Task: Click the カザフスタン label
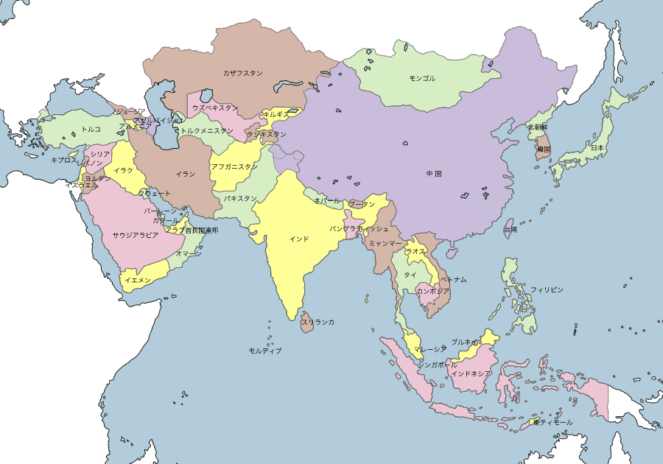coord(242,73)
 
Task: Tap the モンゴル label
coord(422,78)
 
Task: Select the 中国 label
coord(434,174)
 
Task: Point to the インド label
coord(299,239)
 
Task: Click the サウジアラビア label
coord(136,235)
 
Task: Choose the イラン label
coord(186,174)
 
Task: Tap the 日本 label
coord(597,148)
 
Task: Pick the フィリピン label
coord(547,289)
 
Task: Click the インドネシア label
coord(471,373)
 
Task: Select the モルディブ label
coord(265,351)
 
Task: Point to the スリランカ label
coord(318,322)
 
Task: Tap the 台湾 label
coord(511,229)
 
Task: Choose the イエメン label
coord(138,280)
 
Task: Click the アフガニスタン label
coord(234,166)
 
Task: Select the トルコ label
coord(91,129)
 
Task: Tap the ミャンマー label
coord(385,242)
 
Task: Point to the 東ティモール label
coord(552,422)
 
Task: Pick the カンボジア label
coord(433,291)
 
